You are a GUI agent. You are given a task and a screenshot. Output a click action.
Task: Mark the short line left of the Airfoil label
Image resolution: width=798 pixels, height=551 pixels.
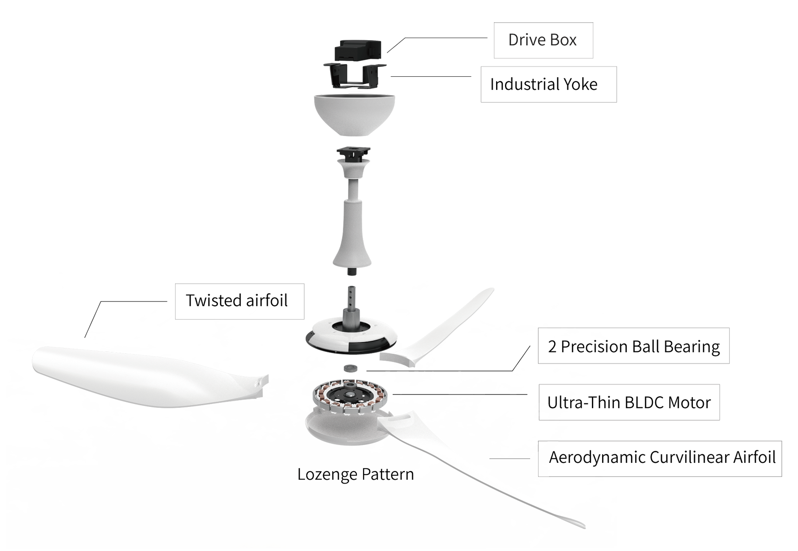510,458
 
